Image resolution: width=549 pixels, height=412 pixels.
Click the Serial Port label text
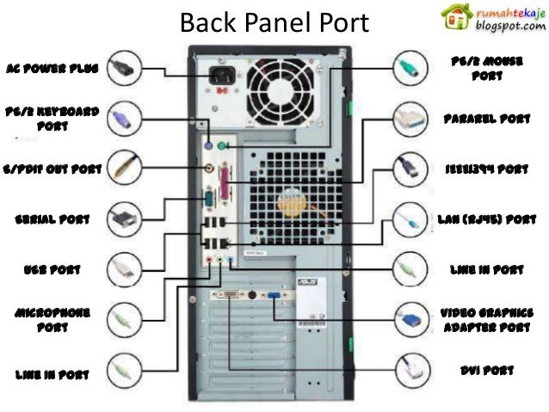(x=52, y=218)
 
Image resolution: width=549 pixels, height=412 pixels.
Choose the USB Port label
(x=52, y=269)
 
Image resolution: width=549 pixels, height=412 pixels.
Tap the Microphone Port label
(x=52, y=319)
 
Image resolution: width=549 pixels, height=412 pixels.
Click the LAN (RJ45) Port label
(x=487, y=218)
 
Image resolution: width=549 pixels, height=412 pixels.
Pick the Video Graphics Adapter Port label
(x=487, y=319)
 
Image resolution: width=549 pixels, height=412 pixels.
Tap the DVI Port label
(x=487, y=371)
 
